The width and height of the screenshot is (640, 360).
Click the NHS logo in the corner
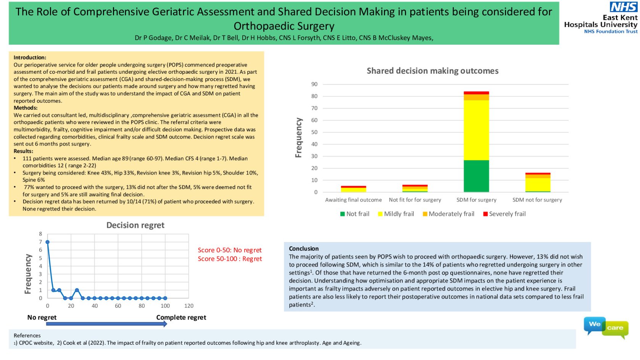623,7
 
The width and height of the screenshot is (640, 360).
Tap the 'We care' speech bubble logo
606,327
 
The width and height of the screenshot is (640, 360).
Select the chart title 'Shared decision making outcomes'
432,71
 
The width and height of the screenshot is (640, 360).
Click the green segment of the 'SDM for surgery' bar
476,176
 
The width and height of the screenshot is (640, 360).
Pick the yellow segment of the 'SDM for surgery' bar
476,130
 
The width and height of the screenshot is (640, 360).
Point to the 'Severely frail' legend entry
504,214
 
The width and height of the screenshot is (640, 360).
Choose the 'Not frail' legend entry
355,214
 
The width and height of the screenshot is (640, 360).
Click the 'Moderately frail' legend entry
448,214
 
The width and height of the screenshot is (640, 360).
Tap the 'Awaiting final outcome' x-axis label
353,200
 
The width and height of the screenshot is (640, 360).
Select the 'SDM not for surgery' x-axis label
537,200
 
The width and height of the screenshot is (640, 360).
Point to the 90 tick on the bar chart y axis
314,84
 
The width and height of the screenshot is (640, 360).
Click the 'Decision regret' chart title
135,225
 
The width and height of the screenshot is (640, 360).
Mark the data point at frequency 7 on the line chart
48,242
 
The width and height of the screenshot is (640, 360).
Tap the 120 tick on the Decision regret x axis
189,306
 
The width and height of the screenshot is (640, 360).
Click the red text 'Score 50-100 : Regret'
230,259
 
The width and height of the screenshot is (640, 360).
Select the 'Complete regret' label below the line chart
181,318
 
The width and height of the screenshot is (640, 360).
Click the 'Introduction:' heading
30,58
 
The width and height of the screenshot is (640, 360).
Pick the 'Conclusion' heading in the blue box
303,249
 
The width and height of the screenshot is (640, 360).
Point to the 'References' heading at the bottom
27,336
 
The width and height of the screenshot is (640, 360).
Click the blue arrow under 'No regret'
106,324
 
